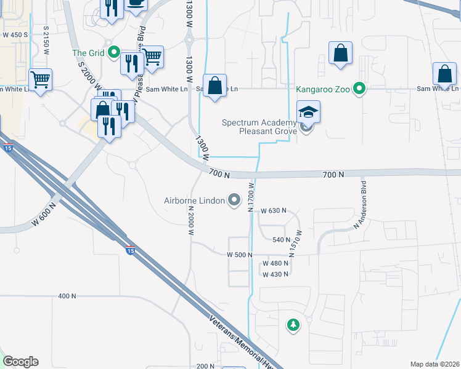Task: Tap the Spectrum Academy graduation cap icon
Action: tap(308, 112)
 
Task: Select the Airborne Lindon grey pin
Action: tap(234, 200)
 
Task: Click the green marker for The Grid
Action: tap(113, 53)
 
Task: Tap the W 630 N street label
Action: tap(274, 211)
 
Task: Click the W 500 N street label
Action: tap(240, 254)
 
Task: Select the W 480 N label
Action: tap(275, 263)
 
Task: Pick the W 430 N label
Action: tap(275, 274)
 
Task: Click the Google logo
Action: tap(20, 362)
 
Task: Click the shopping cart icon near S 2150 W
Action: tap(40, 79)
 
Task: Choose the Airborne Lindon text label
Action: tap(194, 200)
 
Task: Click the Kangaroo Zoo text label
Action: tap(323, 89)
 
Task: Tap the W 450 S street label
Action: tap(15, 34)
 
